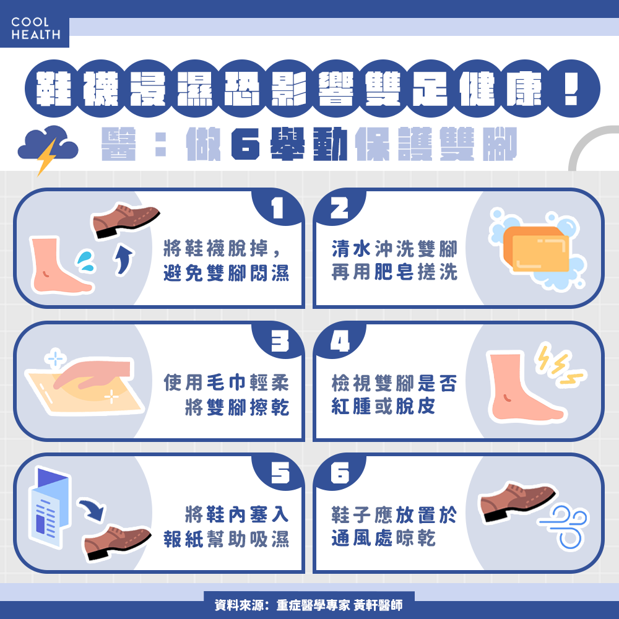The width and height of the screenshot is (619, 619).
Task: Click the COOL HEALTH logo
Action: click(35, 28)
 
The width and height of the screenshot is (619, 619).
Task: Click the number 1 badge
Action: click(277, 208)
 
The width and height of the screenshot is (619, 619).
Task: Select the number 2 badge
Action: click(339, 208)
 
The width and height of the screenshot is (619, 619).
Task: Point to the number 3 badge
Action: click(280, 340)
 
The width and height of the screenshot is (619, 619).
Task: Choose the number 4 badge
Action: click(340, 340)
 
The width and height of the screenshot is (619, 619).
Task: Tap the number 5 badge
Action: click(280, 473)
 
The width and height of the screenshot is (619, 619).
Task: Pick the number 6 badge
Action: click(340, 473)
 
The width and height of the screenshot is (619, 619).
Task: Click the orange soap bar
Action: click(536, 249)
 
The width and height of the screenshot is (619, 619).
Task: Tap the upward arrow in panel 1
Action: click(124, 259)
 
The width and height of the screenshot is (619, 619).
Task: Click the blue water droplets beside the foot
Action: click(85, 261)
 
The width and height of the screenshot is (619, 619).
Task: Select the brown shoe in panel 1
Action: click(125, 220)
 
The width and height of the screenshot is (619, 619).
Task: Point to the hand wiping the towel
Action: click(93, 373)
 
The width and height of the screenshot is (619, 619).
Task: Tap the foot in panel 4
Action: click(521, 388)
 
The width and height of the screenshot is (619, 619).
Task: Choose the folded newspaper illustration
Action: click(50, 508)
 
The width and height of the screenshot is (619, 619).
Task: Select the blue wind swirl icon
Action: click(565, 527)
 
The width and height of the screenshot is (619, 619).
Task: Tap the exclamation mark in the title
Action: click(571, 89)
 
